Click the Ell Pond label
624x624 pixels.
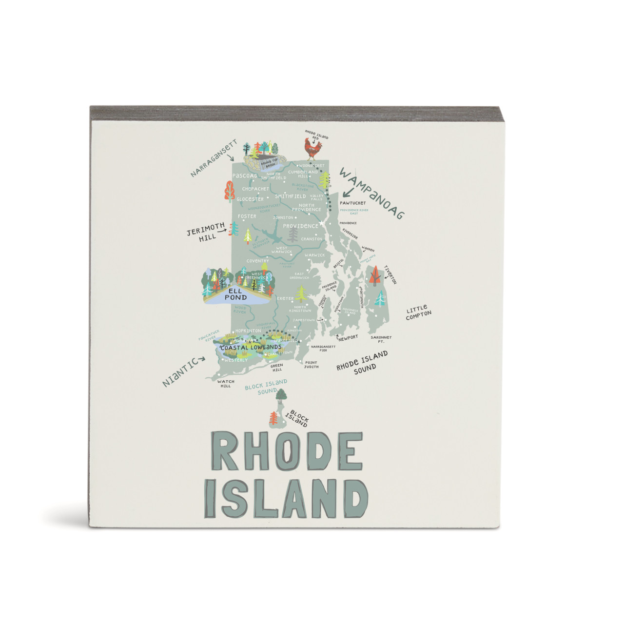[x=235, y=294]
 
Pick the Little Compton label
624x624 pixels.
[x=418, y=312]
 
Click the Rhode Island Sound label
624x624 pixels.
[x=363, y=361]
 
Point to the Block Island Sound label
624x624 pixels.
[x=266, y=387]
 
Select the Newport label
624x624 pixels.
[x=349, y=337]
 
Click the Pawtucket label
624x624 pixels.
[x=352, y=203]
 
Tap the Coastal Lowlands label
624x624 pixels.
[x=251, y=348]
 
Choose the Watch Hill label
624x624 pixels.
[x=225, y=384]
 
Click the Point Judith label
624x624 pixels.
[x=311, y=365]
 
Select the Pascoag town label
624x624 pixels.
[x=245, y=175]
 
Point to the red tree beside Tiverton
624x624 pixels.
[x=374, y=276]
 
